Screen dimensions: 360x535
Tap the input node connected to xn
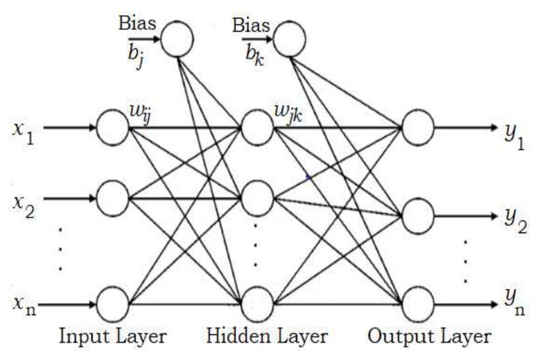point(113,305)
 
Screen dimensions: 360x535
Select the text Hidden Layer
point(267,337)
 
